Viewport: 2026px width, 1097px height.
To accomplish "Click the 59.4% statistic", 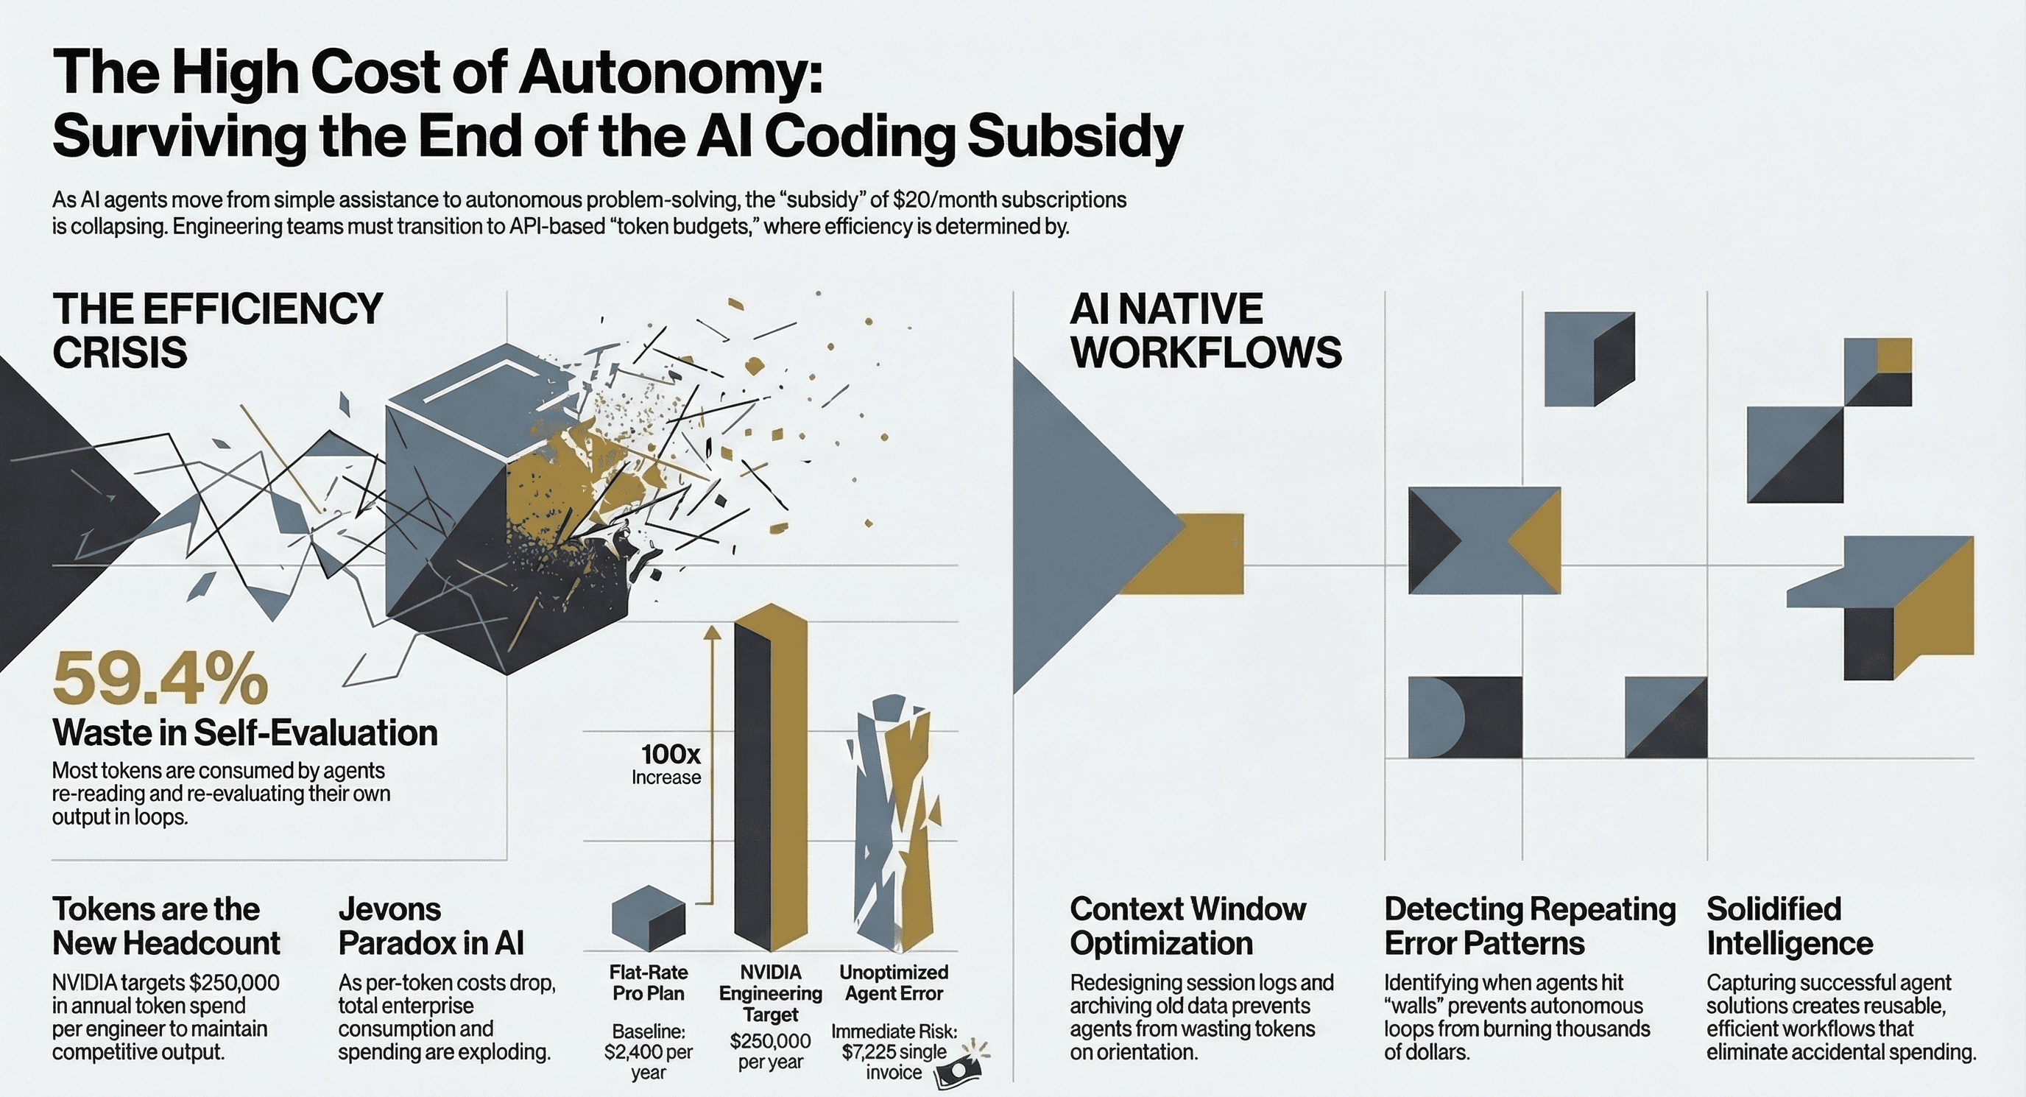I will (x=160, y=679).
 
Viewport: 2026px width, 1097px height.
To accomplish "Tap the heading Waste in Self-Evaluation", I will (x=244, y=733).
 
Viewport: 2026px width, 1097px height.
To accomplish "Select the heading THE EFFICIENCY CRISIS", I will (x=217, y=331).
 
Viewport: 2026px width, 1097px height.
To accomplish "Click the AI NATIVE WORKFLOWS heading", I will (x=1205, y=331).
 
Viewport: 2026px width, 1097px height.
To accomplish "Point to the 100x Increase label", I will (x=668, y=763).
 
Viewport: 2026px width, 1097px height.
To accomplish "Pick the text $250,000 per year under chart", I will (x=770, y=1051).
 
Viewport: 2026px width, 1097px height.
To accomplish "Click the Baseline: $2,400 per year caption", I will (x=648, y=1051).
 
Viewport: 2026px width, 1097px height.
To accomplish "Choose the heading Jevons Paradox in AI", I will (x=430, y=926).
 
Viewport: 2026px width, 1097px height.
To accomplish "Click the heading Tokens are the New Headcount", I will (x=166, y=926).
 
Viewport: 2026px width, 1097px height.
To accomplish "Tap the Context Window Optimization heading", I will (x=1187, y=926).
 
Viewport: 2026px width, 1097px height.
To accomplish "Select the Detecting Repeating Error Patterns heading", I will (x=1530, y=926).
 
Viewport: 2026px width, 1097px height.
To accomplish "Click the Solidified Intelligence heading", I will (x=1789, y=926).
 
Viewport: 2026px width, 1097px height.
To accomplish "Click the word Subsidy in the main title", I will (x=1074, y=137).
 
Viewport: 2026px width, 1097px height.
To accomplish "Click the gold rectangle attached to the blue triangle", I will (x=1204, y=554).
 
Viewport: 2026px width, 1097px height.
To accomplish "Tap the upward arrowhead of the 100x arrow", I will (x=713, y=633).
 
